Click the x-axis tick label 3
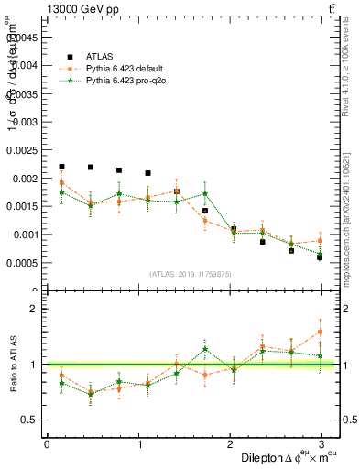pos(321,444)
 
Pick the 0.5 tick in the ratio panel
pos(30,420)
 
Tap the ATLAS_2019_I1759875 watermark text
pos(191,274)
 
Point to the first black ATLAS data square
pos(61,167)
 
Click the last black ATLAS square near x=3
pos(320,257)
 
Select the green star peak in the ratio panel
pos(205,349)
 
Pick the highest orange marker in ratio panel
pos(320,332)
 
